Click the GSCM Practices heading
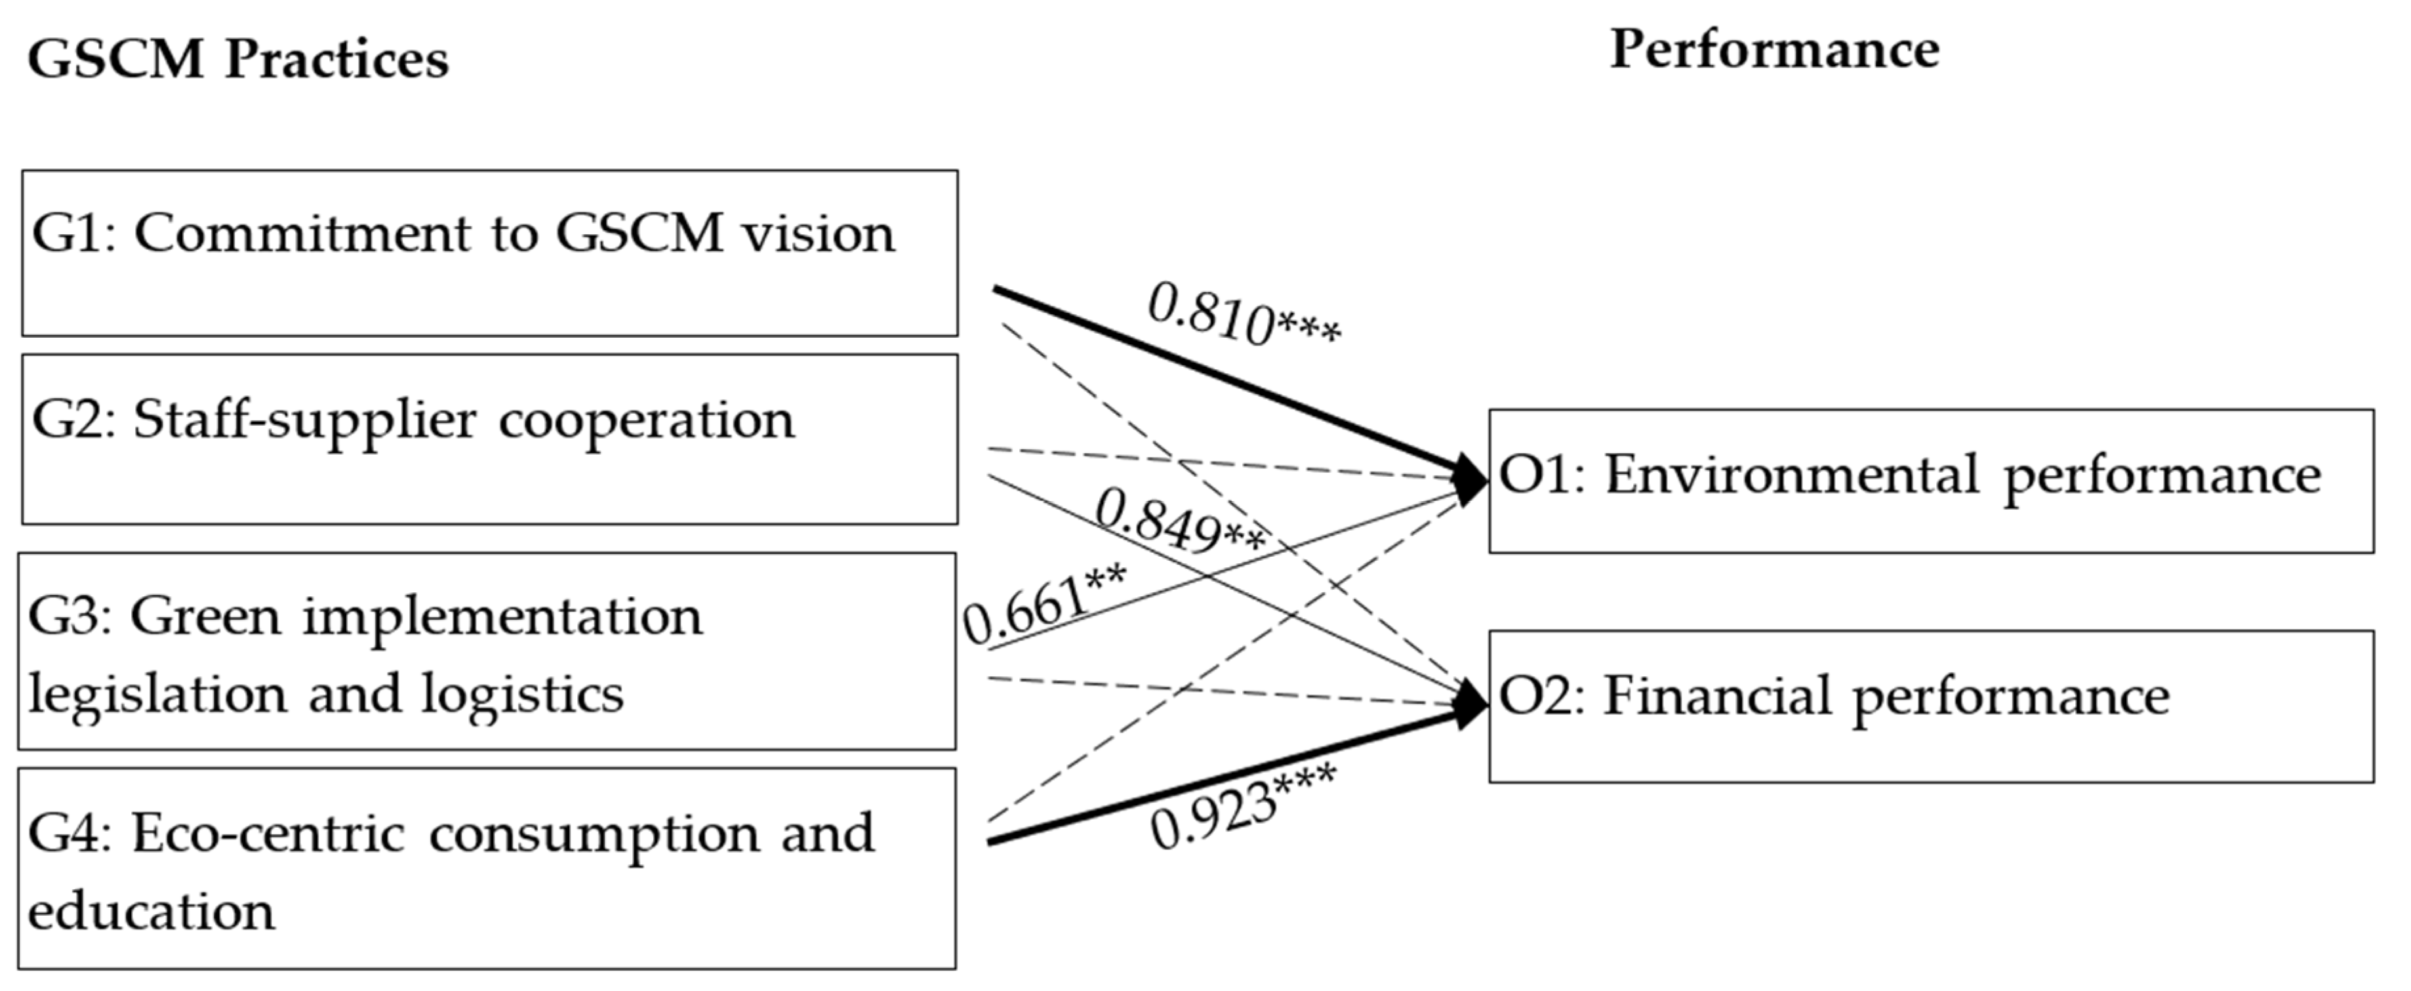click(237, 60)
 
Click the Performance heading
click(1773, 51)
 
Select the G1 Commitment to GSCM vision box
click(489, 253)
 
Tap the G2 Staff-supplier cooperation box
click(489, 439)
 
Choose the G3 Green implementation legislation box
click(487, 651)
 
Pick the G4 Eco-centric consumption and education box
click(487, 868)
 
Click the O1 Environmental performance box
click(1930, 481)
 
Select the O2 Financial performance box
click(1930, 706)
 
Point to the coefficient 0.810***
click(1243, 316)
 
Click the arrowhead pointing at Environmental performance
click(1470, 479)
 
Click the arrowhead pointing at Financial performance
click(1470, 704)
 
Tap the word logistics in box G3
click(521, 695)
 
